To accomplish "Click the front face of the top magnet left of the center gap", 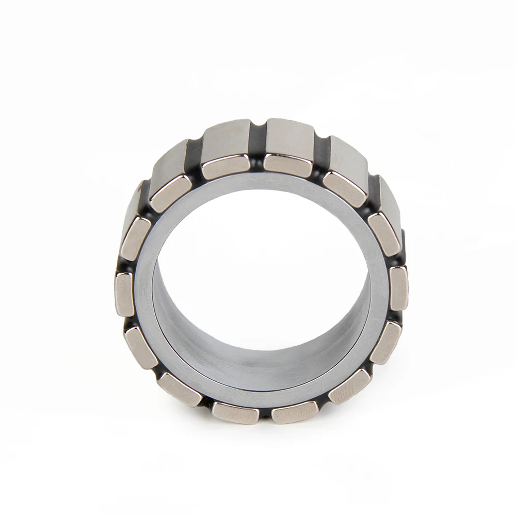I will pos(226,167).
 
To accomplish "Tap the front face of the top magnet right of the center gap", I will pos(288,165).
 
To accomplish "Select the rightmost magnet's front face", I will pos(398,287).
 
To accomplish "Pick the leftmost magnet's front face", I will pos(124,294).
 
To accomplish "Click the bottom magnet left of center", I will pos(235,413).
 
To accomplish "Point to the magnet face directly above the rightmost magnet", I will pos(385,233).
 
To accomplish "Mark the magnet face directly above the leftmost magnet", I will pos(136,238).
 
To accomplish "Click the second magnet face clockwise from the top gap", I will pos(345,189).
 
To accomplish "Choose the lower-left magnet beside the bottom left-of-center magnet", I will pos(179,389).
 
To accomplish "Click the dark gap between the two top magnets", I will pos(257,150).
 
